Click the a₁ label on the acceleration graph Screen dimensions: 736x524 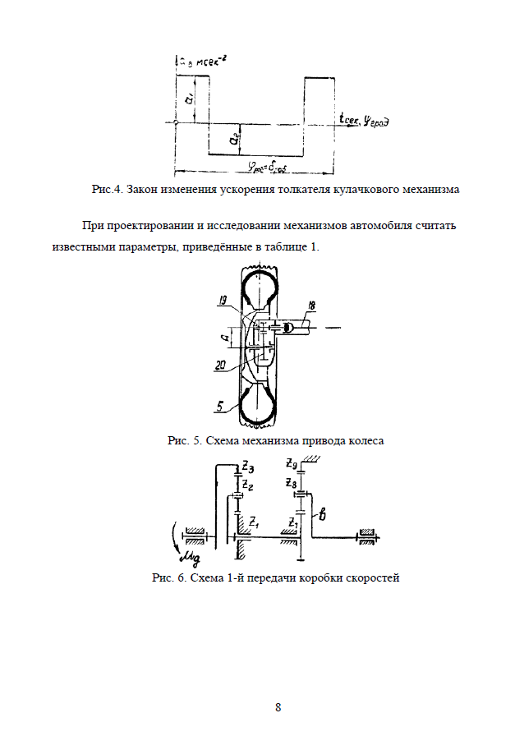(188, 99)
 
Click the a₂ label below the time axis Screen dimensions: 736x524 (236, 140)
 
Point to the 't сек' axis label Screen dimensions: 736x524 (352, 119)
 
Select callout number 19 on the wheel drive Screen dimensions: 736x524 (223, 302)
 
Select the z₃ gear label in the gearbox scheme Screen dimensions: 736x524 (247, 468)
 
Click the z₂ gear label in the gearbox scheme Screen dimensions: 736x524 (247, 485)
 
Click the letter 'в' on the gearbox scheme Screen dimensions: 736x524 (323, 515)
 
